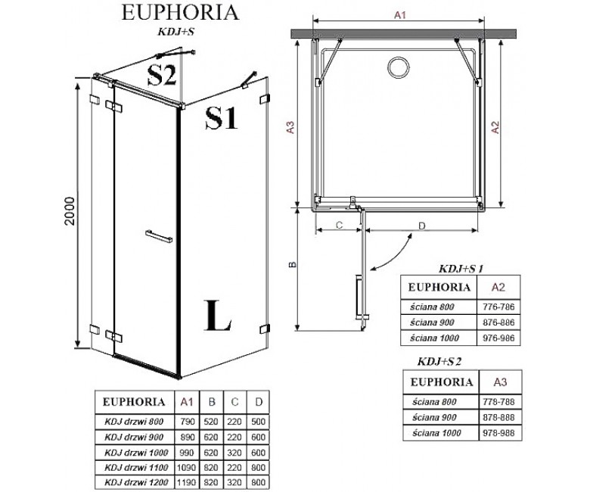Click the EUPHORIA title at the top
point(180,12)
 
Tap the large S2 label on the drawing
point(161,74)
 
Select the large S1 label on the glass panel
point(222,118)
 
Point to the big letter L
point(218,316)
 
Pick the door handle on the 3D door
point(159,236)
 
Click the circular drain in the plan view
point(397,68)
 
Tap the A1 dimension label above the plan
point(400,15)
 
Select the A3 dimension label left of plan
point(290,127)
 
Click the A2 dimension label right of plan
point(496,127)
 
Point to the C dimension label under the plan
point(339,225)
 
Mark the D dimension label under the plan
point(422,226)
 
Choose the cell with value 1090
point(186,468)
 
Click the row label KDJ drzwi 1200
point(136,482)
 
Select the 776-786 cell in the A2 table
point(498,307)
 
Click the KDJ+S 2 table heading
point(439,362)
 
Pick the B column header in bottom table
point(212,402)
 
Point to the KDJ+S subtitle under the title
point(175,32)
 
